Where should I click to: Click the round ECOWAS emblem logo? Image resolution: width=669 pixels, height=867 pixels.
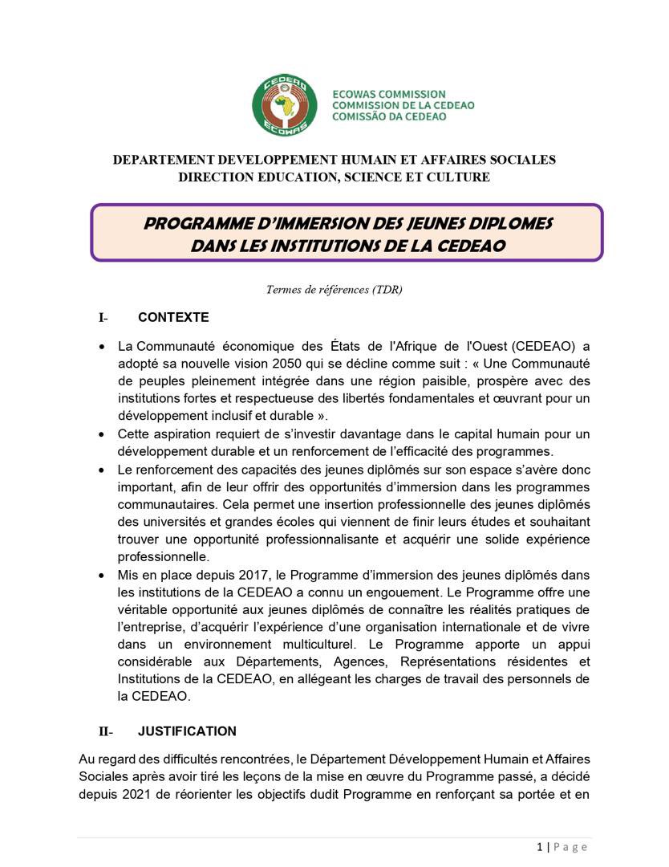pos(280,105)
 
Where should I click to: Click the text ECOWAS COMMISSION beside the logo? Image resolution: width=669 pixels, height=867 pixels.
pos(388,95)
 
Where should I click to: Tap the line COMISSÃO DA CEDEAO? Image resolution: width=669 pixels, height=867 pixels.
pos(390,116)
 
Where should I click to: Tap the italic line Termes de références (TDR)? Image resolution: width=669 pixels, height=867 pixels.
pos(334,289)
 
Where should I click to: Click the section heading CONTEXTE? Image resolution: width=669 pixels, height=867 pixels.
pos(173,317)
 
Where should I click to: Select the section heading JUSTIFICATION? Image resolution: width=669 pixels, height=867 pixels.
pos(187,731)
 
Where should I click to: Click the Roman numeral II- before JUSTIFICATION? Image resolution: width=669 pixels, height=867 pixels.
pos(106,731)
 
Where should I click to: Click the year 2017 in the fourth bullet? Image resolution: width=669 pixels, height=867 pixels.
pos(257,575)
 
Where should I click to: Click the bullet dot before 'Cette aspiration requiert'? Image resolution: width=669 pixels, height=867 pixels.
pos(101,434)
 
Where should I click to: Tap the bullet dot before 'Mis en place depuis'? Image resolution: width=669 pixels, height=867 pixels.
pos(101,576)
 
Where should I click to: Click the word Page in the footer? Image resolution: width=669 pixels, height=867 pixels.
pos(571,846)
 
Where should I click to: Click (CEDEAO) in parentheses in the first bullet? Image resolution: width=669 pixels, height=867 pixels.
pos(543,346)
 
